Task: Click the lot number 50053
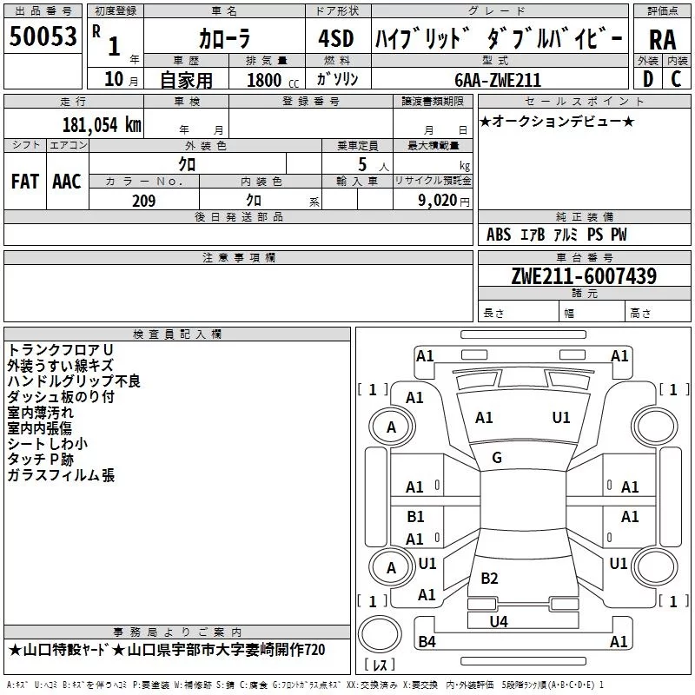coord(43,36)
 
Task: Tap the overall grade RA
coord(662,40)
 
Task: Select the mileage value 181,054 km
coord(102,125)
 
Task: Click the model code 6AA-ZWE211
coord(498,80)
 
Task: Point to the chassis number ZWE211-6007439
coord(584,276)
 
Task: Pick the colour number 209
coord(143,201)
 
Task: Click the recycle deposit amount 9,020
coord(438,201)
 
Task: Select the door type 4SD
coord(336,39)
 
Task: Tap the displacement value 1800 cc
coord(273,80)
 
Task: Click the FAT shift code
coord(25,182)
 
